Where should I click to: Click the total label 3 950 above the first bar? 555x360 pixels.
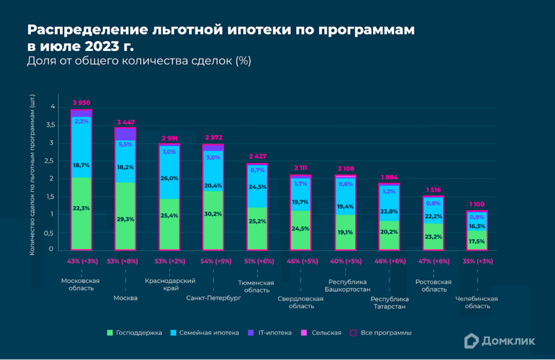tap(81, 103)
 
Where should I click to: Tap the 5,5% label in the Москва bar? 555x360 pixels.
tap(125, 144)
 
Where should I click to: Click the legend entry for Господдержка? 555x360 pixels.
tap(135, 333)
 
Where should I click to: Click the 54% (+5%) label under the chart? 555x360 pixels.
tap(214, 261)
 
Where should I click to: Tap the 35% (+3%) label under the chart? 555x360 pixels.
tap(477, 261)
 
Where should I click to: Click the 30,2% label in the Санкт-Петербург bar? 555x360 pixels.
tap(213, 214)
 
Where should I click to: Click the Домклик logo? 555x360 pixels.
tap(499, 341)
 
